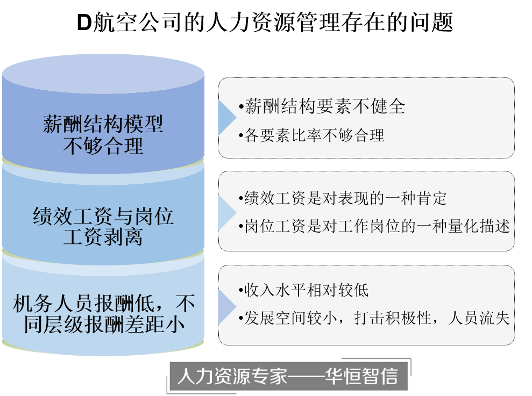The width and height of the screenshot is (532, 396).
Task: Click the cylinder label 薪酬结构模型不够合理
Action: [103, 135]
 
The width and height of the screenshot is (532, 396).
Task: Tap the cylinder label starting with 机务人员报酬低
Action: [103, 314]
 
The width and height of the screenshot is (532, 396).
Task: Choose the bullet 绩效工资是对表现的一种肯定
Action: [345, 198]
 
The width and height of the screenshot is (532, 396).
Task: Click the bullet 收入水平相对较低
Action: [306, 291]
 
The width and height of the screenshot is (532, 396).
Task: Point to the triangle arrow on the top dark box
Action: [226, 118]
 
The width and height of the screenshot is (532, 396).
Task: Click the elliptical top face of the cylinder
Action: [103, 75]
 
